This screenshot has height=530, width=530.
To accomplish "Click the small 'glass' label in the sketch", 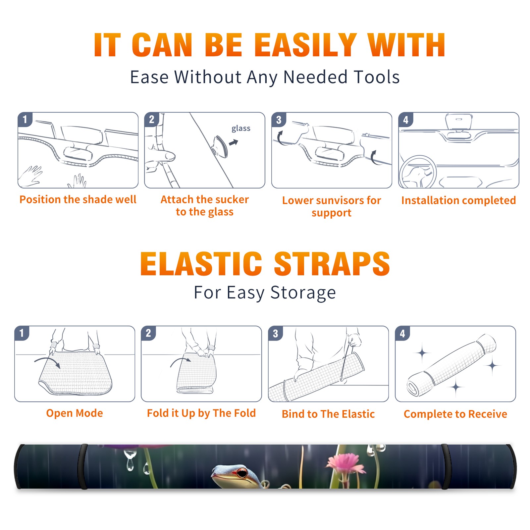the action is point(241,129).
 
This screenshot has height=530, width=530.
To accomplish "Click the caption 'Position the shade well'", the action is point(78,199).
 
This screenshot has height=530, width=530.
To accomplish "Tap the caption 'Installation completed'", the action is point(458,200).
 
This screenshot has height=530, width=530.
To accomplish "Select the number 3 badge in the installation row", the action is point(279,120).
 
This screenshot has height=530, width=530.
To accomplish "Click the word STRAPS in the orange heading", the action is point(332,264).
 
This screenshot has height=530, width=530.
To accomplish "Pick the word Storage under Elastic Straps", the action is point(303,293).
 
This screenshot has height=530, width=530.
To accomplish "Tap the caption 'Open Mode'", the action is point(75,413).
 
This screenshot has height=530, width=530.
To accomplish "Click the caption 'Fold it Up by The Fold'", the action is point(201,413).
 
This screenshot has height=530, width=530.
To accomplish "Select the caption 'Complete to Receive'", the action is point(455,414).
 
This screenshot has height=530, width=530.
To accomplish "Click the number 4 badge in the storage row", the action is point(402,333).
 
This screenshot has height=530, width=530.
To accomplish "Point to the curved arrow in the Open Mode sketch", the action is point(47,360).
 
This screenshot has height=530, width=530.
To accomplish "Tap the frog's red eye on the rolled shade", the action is point(243,473).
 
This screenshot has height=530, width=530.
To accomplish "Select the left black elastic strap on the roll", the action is point(82,466).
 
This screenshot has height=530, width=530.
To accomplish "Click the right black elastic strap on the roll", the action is point(446,466).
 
